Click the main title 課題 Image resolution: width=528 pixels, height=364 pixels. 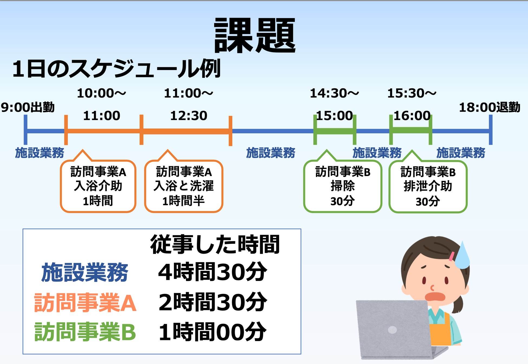coord(255,35)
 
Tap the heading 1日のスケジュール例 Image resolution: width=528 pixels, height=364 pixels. coord(116,69)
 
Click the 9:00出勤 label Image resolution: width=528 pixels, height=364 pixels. coord(28,107)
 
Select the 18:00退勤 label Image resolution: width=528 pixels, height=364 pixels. coord(490,107)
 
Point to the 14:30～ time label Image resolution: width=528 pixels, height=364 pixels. coord(334,93)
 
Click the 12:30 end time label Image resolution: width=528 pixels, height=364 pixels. coord(189,116)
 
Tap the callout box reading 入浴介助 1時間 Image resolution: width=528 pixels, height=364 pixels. coord(98,186)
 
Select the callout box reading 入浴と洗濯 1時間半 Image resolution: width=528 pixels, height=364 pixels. coord(184,186)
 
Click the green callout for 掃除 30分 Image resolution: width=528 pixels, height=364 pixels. coord(343,186)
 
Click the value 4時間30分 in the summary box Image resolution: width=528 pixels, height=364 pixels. coord(213,272)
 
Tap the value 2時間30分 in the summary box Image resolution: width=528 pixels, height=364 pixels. coord(213,302)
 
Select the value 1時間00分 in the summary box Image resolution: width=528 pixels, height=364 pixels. coord(213,332)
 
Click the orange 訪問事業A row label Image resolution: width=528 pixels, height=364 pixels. coord(85,303)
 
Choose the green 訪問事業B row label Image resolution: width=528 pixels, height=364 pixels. coord(85,332)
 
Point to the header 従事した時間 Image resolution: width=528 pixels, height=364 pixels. coord(215,244)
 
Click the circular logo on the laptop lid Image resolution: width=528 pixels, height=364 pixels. coord(392,330)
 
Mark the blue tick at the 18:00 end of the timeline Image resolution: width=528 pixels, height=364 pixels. coord(491,130)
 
